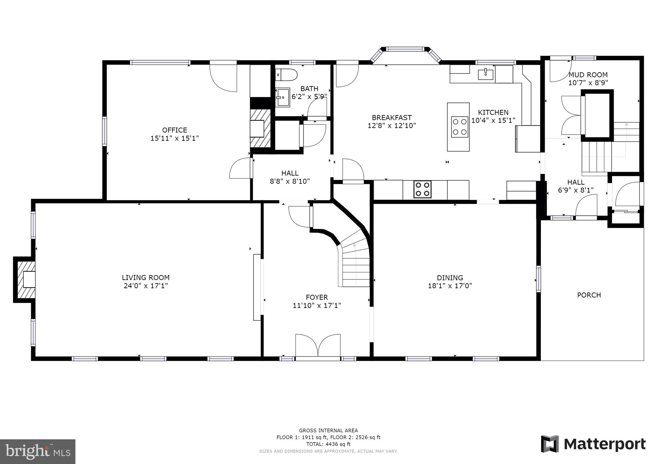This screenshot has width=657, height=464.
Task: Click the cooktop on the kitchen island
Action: click(459, 127)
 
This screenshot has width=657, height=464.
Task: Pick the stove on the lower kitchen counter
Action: click(422, 189)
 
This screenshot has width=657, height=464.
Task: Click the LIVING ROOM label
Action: click(146, 278)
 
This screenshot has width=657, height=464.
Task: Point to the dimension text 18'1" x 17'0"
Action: click(450, 286)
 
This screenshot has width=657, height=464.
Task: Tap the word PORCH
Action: click(589, 295)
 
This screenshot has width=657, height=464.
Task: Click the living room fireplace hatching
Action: click(24, 279)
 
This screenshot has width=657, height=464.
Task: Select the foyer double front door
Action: click(318, 346)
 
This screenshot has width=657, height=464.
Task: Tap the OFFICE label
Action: click(175, 130)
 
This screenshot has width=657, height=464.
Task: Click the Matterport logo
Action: click(593, 444)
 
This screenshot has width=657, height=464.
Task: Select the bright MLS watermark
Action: click(38, 452)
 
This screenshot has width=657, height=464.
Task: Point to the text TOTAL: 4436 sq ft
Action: click(328, 444)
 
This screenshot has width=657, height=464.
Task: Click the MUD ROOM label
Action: click(588, 75)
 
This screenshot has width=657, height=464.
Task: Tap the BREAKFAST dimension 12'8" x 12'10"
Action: click(391, 126)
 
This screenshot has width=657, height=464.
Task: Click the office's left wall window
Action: click(104, 131)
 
